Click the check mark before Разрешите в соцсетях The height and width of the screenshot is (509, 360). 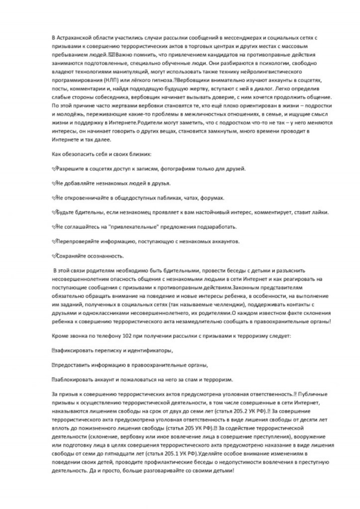(x=54, y=169)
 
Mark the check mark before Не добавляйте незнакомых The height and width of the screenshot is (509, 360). (x=54, y=183)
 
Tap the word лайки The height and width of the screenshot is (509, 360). (x=320, y=212)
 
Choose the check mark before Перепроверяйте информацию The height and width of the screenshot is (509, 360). (x=54, y=241)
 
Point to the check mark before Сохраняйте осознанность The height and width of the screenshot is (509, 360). (x=54, y=255)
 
